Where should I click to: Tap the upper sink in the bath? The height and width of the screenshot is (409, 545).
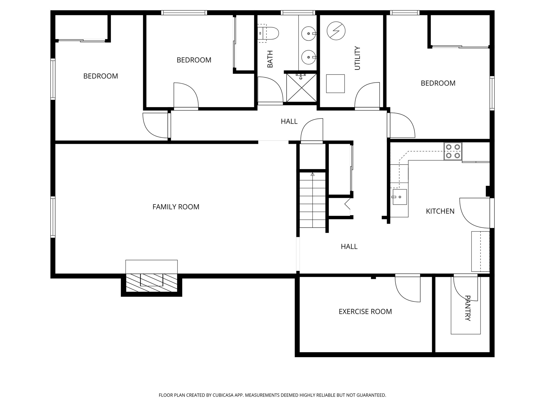pos(309,34)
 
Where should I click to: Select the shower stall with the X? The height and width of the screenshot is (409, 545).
pos(302,88)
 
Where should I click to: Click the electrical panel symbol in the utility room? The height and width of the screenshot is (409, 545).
pos(336,31)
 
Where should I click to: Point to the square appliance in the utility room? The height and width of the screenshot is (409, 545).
pos(335,84)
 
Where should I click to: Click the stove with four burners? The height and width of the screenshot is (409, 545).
pos(453,151)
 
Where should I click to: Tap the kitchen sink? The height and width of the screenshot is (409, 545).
pos(399,197)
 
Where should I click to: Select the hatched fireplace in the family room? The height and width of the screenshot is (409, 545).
pos(151,283)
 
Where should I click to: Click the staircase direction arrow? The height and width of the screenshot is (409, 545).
pos(312,174)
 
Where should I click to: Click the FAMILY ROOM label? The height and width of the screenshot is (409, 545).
pos(176,207)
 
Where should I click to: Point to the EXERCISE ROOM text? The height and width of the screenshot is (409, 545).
pos(365,312)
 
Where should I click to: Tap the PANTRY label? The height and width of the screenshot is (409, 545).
pos(468,308)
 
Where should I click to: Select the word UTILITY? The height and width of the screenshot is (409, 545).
pos(357,58)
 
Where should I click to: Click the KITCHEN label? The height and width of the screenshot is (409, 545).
pos(440,211)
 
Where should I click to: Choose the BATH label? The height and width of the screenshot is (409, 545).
pos(270,59)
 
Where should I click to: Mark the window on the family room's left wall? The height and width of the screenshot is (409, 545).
pos(53,217)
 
